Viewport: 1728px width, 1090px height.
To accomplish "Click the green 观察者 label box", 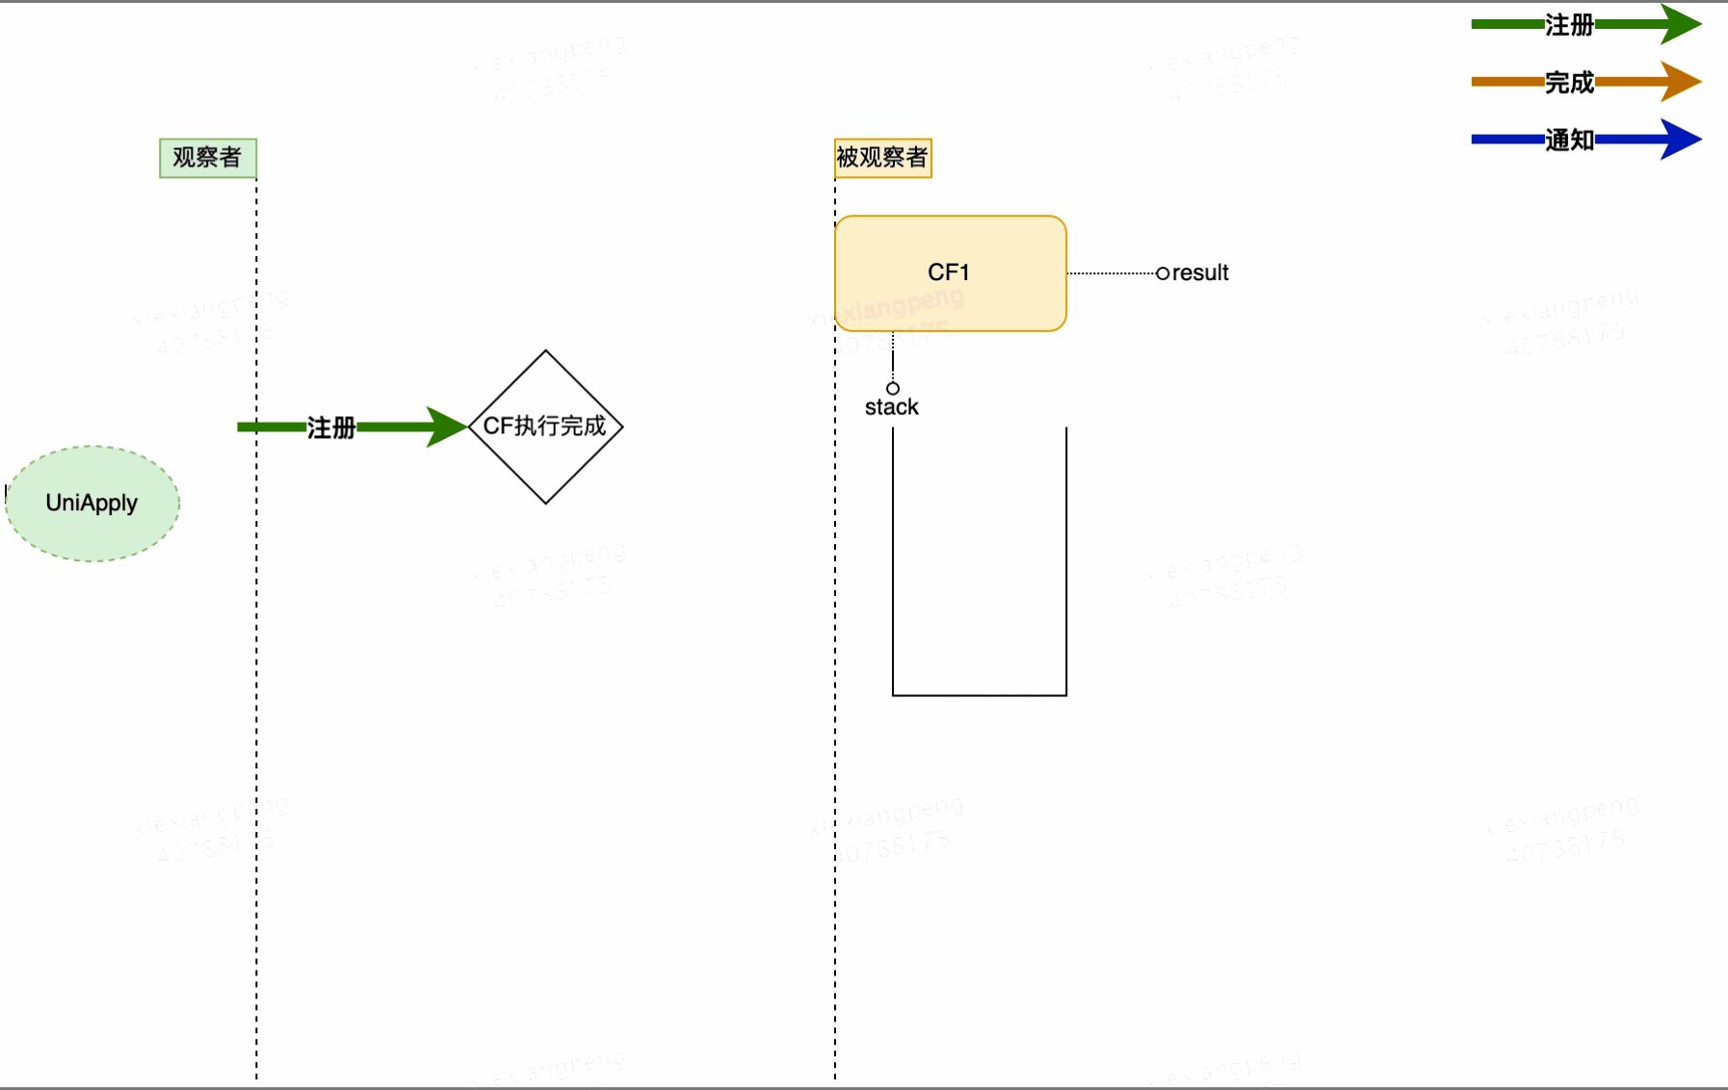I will pyautogui.click(x=207, y=158).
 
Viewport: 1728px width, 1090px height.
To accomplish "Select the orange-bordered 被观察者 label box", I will pyautogui.click(x=882, y=158).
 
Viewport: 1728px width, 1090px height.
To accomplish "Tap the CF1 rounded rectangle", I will pyautogui.click(x=950, y=273).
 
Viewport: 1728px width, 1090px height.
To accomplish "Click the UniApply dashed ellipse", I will pyautogui.click(x=92, y=503).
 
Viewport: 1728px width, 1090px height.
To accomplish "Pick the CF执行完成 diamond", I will pyautogui.click(x=545, y=427).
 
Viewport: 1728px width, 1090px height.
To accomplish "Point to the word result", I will pyautogui.click(x=1200, y=273).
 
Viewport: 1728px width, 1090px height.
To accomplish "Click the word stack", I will pyautogui.click(x=891, y=407).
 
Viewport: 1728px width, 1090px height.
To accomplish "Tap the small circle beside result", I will pyautogui.click(x=1163, y=273).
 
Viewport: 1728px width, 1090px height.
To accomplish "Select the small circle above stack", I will pyautogui.click(x=893, y=388).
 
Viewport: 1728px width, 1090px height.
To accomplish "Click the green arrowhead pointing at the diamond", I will pyautogui.click(x=447, y=427).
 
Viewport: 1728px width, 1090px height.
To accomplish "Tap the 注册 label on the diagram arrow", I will pyautogui.click(x=330, y=428).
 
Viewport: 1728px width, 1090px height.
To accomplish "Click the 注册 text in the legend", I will pyautogui.click(x=1569, y=25).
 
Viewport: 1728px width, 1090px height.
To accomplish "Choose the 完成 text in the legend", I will pyautogui.click(x=1569, y=83).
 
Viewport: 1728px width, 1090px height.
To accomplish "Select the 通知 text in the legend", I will pyautogui.click(x=1569, y=141).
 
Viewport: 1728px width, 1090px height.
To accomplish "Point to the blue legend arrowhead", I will pyautogui.click(x=1680, y=140).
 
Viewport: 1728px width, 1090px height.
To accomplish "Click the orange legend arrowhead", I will pyautogui.click(x=1680, y=82).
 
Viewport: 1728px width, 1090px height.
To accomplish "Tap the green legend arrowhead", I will pyautogui.click(x=1680, y=24).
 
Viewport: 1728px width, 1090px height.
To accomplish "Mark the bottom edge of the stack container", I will pyautogui.click(x=980, y=694).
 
